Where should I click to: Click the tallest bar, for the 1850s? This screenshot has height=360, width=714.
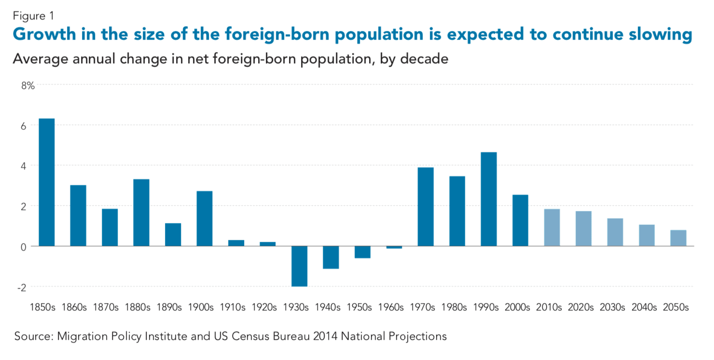pyautogui.click(x=46, y=182)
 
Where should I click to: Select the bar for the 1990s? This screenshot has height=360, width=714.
pyautogui.click(x=489, y=199)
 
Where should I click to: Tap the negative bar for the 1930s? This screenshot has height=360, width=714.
pyautogui.click(x=299, y=266)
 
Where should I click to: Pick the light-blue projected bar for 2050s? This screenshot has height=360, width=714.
pyautogui.click(x=678, y=238)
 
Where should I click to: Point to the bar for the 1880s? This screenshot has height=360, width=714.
pyautogui.click(x=141, y=213)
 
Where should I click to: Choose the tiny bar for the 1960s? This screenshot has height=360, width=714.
pyautogui.click(x=394, y=247)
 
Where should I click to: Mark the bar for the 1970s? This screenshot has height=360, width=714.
pyautogui.click(x=426, y=207)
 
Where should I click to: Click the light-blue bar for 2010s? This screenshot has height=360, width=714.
pyautogui.click(x=552, y=227)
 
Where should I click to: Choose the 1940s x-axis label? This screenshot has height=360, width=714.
pyautogui.click(x=330, y=307)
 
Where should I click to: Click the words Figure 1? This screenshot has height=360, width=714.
pyautogui.click(x=33, y=16)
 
